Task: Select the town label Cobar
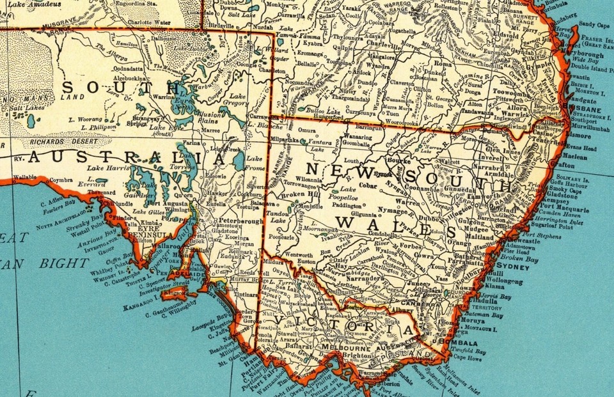368,185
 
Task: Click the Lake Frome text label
255,163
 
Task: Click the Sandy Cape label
594,25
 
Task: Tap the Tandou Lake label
279,215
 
